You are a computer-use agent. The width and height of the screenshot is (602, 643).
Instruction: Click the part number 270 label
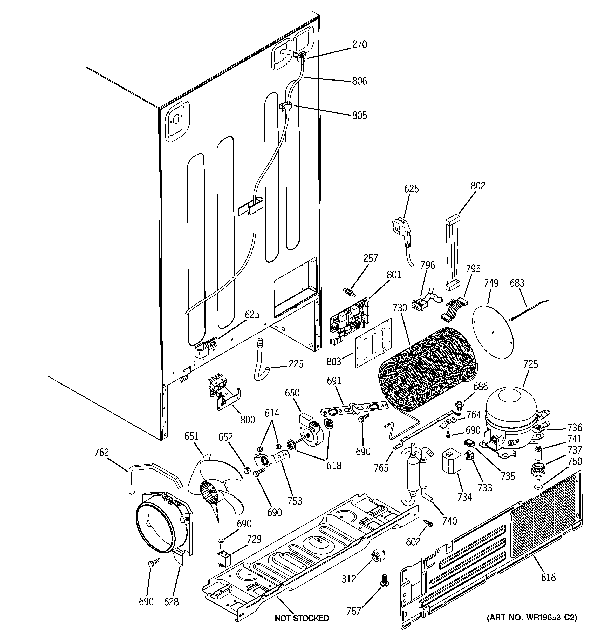(x=359, y=44)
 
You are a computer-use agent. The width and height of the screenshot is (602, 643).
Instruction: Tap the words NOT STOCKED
(x=302, y=618)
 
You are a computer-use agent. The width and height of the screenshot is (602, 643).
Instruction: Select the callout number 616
(x=548, y=577)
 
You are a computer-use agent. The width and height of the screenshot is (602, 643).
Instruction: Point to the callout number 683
(x=517, y=283)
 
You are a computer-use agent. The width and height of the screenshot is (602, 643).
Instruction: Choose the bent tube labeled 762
(x=152, y=475)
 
